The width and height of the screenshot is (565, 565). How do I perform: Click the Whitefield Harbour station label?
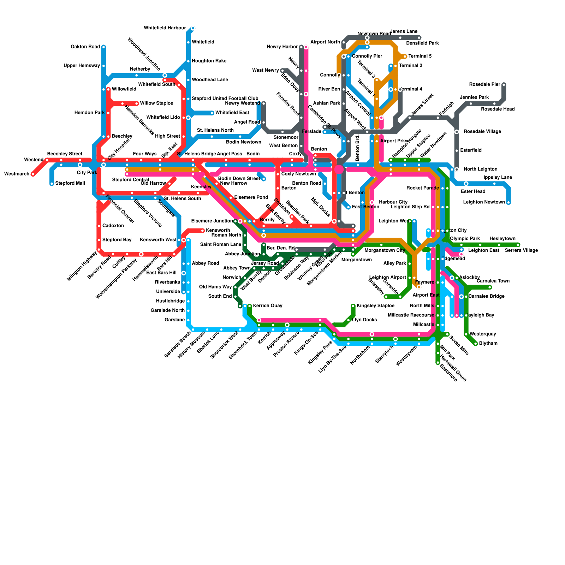coord(165,28)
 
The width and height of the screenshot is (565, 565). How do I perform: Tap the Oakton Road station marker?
coord(103,47)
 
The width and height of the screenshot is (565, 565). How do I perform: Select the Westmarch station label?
coord(17,174)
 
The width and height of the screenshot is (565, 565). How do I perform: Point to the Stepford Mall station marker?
coord(52,184)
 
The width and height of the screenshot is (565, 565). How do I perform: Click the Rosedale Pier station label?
coord(484,85)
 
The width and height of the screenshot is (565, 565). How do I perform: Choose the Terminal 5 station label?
coord(420,56)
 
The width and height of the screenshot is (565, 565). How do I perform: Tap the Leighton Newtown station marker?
coord(509,203)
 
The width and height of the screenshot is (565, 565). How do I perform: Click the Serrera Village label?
coord(521,251)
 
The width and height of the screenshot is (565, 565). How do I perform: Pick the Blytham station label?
coord(488,344)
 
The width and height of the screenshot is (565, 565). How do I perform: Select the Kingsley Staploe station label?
coord(375,306)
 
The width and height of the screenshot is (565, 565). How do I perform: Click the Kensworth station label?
coord(218,231)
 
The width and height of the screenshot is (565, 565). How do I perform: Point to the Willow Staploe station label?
coord(156,103)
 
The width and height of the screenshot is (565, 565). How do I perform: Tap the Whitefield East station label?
coord(232,113)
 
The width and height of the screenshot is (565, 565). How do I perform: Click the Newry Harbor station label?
coord(282,47)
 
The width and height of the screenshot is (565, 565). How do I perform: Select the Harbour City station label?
coord(393,202)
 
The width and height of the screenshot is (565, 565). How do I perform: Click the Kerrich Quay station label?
coord(268,306)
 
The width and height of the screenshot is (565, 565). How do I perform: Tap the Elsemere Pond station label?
coord(251,198)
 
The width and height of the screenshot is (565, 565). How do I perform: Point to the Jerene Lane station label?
coord(404,32)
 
